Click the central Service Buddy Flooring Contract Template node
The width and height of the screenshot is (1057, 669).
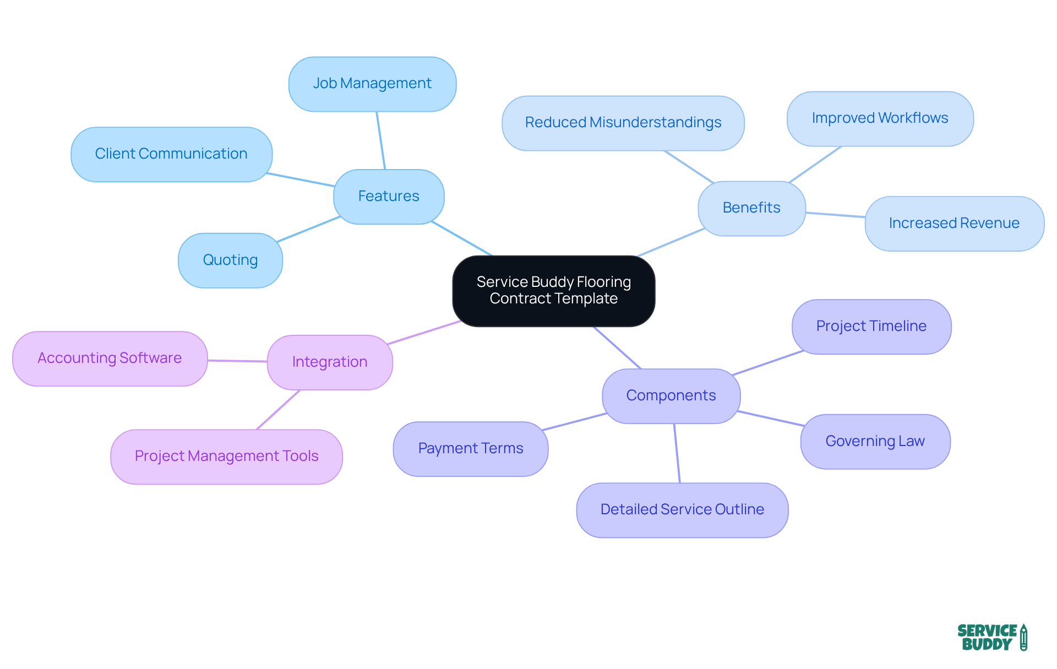tap(553, 291)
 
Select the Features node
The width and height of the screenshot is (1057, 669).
tap(389, 197)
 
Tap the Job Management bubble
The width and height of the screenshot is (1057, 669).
tap(372, 84)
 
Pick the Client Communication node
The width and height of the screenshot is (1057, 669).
tap(171, 154)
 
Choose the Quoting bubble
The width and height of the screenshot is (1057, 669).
tap(230, 260)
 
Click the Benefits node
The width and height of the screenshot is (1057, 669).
tap(751, 208)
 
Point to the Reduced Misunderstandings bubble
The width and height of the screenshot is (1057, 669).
tap(623, 123)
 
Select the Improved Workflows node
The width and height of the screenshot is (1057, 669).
tap(880, 118)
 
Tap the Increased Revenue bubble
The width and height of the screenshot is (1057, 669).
tap(954, 224)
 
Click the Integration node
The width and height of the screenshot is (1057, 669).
tap(330, 362)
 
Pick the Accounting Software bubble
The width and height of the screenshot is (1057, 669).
tap(110, 358)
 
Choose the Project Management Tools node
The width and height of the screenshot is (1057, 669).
tap(226, 456)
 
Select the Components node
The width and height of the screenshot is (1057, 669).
tap(671, 396)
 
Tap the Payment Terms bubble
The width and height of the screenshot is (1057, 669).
tap(471, 449)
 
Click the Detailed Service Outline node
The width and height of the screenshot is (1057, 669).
tap(682, 510)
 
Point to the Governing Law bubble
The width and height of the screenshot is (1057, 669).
tap(875, 442)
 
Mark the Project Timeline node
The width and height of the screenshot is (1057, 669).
tap(871, 327)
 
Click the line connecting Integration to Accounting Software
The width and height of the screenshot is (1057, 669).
tap(237, 361)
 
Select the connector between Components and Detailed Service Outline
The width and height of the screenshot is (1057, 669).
tap(677, 453)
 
